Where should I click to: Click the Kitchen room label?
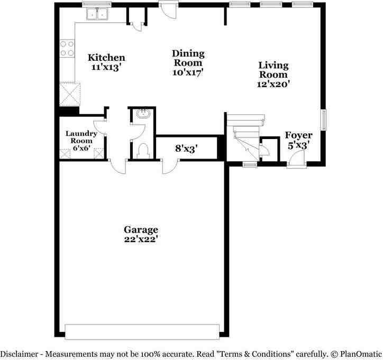106,58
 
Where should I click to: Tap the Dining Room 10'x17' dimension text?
188,72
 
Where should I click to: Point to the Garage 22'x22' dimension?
141,238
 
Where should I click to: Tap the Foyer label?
298,135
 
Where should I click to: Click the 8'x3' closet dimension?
186,149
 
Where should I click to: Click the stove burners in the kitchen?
67,49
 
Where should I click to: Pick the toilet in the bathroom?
141,152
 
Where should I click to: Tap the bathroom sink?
142,113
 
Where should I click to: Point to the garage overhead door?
142,331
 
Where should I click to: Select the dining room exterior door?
168,10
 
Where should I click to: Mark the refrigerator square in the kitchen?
70,95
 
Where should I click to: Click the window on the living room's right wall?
325,120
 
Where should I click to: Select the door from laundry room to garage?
118,165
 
